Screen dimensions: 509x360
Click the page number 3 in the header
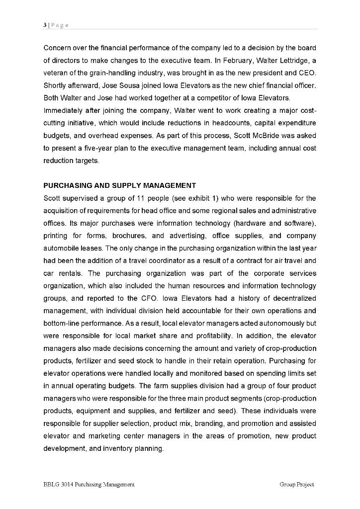[x=45, y=25]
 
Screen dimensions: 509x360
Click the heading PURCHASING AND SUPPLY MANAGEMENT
[x=119, y=186]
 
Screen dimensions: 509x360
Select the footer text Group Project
[x=297, y=484]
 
